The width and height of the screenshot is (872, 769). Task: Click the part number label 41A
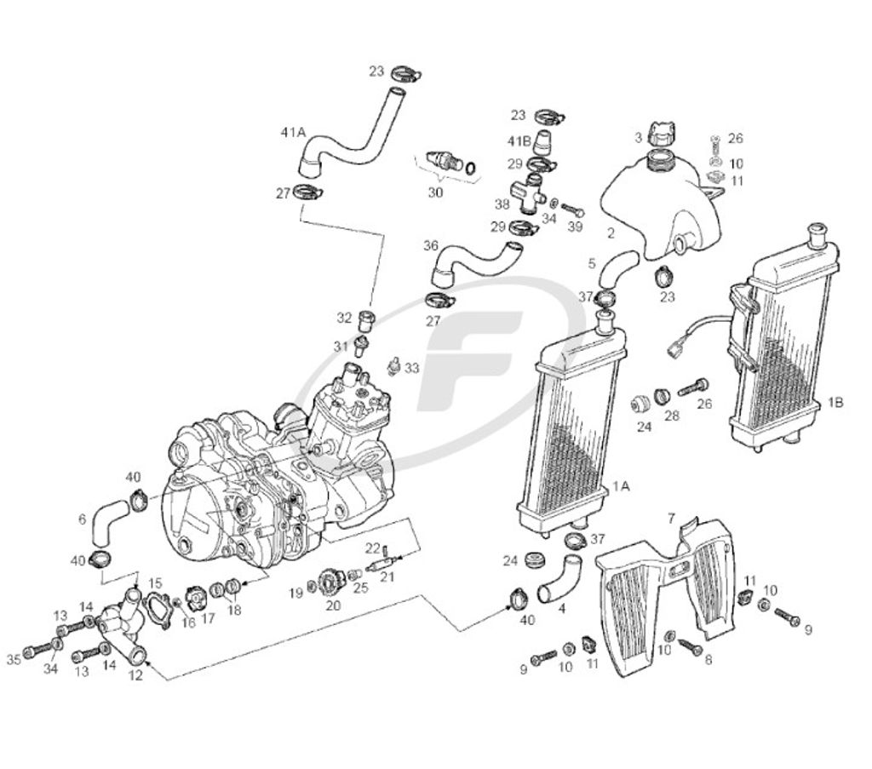(292, 132)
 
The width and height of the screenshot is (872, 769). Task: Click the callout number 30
(435, 192)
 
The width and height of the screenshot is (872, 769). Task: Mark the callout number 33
(412, 368)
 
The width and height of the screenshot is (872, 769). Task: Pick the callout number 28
(673, 416)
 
